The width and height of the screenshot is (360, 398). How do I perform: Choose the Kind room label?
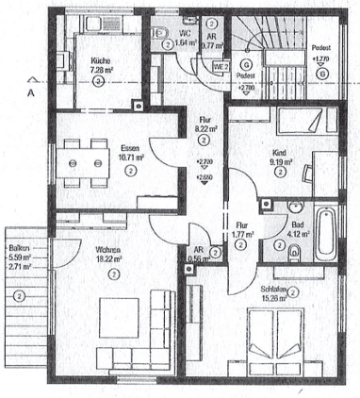click(280, 152)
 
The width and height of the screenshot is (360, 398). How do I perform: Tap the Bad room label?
click(296, 224)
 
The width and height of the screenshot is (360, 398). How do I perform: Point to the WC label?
click(186, 33)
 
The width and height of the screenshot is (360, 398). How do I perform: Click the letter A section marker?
click(30, 93)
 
